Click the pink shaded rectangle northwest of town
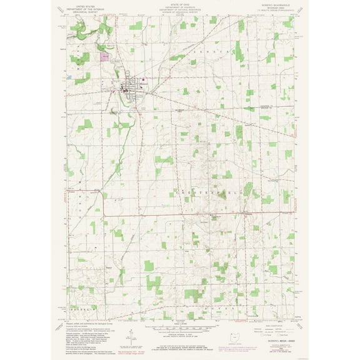tap(104, 56)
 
